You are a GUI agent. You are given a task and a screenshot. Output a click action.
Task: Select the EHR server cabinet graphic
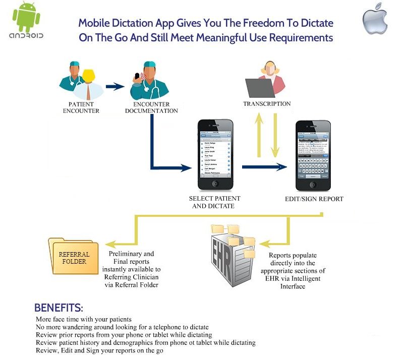coord(229,255)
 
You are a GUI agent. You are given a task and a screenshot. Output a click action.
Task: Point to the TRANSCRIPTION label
coord(267,104)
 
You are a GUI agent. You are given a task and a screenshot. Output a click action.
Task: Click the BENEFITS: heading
coord(59,308)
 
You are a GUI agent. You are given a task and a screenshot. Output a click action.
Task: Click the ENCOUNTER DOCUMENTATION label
coord(151,108)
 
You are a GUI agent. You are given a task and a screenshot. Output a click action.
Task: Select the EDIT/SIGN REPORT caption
coord(314,199)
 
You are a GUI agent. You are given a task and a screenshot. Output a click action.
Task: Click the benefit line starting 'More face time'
coord(84,319)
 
